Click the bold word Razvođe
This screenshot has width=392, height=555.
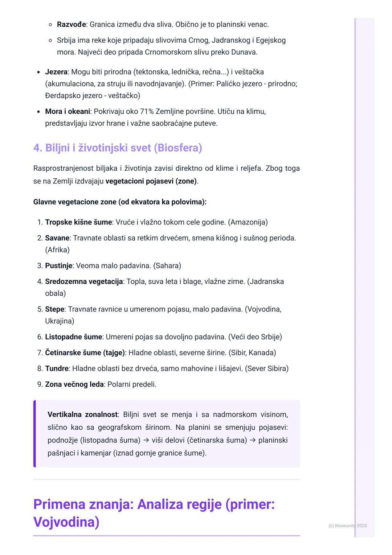tap(71, 25)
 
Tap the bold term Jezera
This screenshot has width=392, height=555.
tap(56, 72)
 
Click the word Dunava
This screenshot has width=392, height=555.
tap(245, 52)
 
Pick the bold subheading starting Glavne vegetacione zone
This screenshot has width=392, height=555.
tap(120, 202)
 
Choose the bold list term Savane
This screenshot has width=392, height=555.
tap(57, 238)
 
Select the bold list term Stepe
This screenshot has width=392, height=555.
tap(54, 309)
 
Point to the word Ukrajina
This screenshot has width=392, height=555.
tap(59, 321)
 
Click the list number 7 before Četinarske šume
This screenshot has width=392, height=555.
tap(40, 353)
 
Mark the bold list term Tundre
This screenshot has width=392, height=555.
tap(57, 369)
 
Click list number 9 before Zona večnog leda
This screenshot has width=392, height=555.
tap(40, 384)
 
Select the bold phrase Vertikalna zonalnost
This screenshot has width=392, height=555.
tap(82, 415)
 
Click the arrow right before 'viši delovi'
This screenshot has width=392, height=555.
tap(146, 441)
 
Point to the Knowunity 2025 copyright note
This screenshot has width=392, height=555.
tap(347, 526)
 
